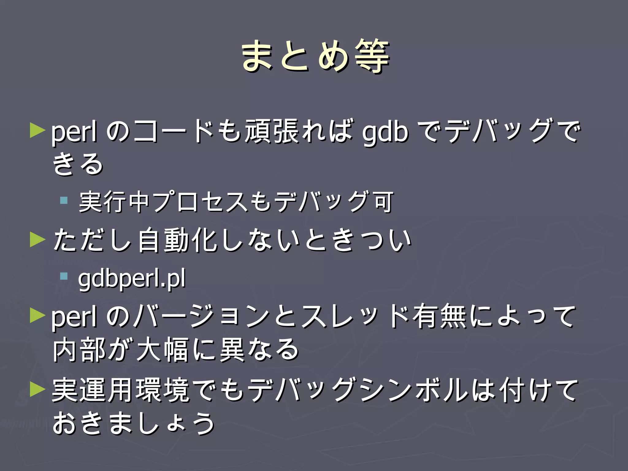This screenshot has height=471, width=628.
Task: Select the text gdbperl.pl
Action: click(132, 278)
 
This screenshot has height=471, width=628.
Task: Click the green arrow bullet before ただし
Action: click(37, 239)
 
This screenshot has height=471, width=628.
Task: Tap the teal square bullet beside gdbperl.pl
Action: click(64, 276)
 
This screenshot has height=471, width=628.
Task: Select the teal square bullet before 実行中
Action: click(64, 201)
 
